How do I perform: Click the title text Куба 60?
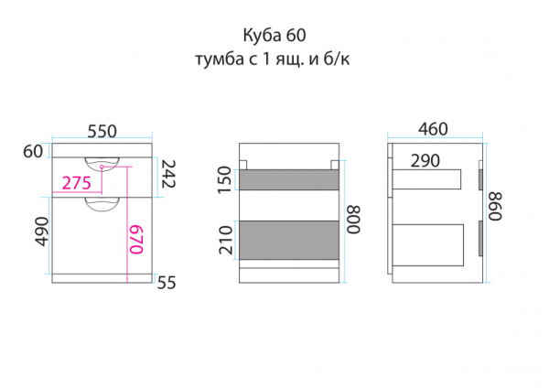pyautogui.click(x=274, y=36)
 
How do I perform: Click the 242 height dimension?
pyautogui.click(x=168, y=175)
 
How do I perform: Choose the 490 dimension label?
pyautogui.click(x=39, y=234)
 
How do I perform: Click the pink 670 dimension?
pyautogui.click(x=135, y=240)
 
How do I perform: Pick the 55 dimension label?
pyautogui.click(x=166, y=284)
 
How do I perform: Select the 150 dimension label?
pyautogui.click(x=225, y=179)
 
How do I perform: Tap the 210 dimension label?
pyautogui.click(x=225, y=240)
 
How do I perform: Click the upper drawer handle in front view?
pyautogui.click(x=102, y=164)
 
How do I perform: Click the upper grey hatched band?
pyautogui.click(x=289, y=180)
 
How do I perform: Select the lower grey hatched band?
pyautogui.click(x=289, y=238)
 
